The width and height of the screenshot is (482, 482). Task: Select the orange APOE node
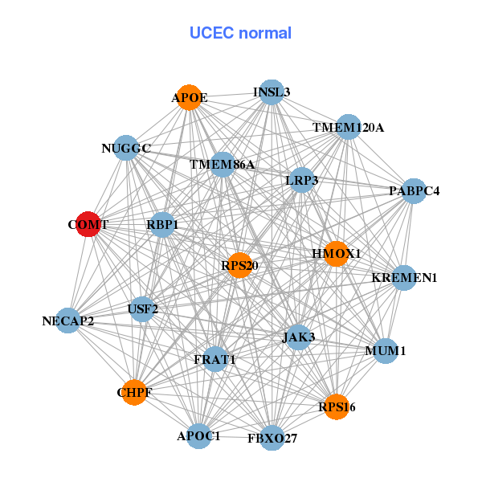point(189,97)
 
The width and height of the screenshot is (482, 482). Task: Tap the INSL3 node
point(272,92)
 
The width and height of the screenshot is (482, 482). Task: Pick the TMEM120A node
point(348,127)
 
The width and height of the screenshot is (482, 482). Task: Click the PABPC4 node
point(413,191)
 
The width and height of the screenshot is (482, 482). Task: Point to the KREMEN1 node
point(403,278)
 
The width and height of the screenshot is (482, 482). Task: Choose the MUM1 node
point(386,351)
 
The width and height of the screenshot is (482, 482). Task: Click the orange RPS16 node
point(335,406)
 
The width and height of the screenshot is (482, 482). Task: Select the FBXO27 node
point(272,438)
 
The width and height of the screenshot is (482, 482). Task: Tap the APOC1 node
point(198,436)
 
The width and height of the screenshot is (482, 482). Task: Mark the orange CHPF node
point(134,393)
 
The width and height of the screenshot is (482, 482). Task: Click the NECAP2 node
point(68,321)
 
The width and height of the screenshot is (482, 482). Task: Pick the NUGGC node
point(126,148)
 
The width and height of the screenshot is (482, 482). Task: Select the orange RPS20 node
point(239,265)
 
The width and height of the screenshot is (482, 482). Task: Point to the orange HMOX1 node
point(336,254)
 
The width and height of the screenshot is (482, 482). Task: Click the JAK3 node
point(298,338)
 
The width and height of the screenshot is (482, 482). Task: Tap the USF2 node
point(143,308)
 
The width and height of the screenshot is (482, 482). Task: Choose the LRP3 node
point(302,181)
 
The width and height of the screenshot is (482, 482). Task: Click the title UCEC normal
point(240,33)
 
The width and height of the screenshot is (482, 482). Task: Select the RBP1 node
point(162,226)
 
